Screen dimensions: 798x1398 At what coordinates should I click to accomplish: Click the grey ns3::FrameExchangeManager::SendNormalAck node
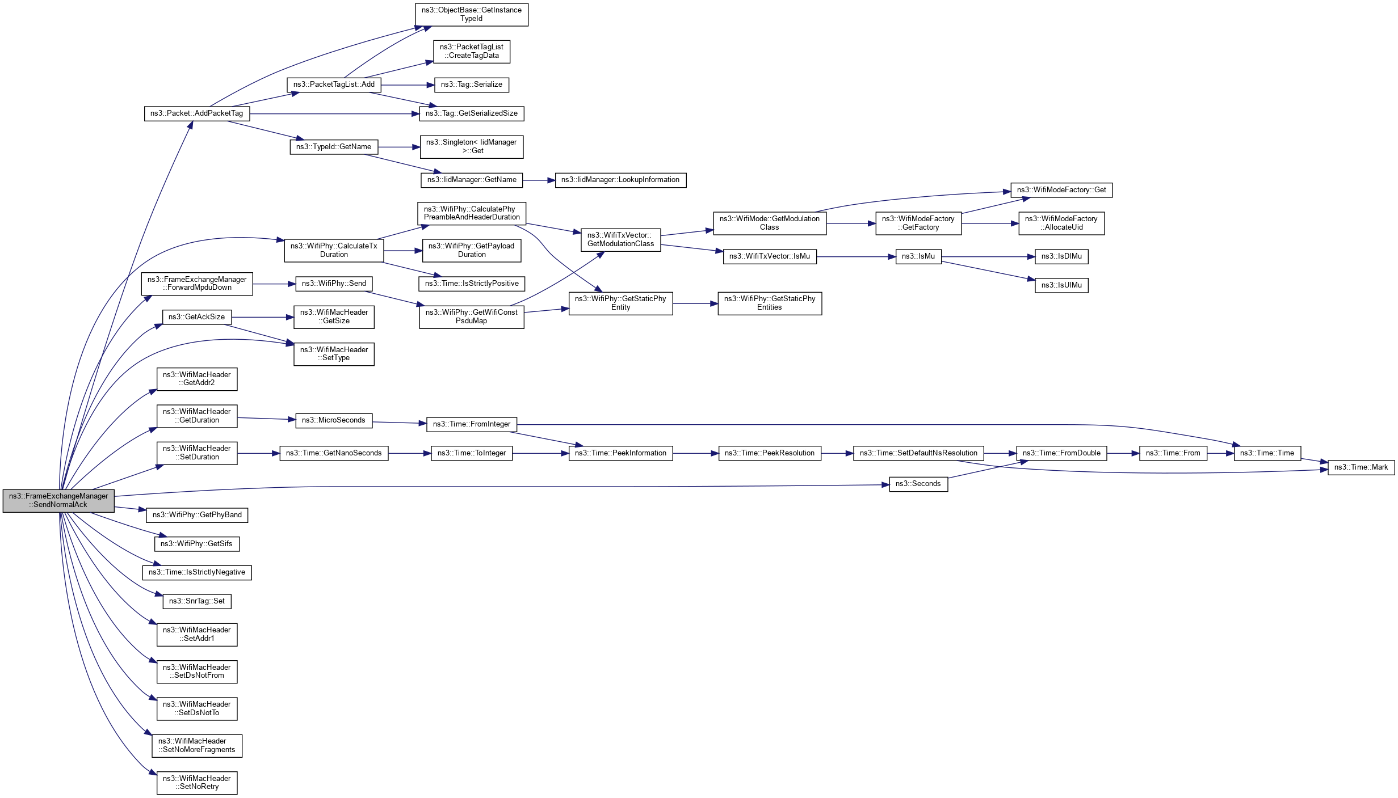59,500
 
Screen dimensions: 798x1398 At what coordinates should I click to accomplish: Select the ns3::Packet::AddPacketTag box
196,113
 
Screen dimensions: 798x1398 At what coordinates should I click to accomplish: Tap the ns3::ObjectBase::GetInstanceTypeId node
471,14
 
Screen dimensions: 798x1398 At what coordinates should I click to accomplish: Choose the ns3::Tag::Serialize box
471,85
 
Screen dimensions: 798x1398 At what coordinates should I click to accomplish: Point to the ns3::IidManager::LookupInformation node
620,180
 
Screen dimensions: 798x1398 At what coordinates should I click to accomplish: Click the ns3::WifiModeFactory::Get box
1061,190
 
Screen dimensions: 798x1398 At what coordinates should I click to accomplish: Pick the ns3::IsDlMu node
1061,256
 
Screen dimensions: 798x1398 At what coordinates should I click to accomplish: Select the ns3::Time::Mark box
1361,467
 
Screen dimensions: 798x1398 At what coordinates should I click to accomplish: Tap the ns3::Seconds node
918,484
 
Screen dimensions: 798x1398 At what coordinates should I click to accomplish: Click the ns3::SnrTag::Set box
196,601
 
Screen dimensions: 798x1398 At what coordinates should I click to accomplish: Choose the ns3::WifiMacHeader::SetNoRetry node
196,783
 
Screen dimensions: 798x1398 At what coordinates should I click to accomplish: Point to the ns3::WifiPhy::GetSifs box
196,544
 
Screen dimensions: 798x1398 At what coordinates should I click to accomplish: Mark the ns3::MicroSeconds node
333,420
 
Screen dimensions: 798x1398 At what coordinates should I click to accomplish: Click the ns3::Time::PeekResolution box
769,453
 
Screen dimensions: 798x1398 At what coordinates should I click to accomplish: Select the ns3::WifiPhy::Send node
334,284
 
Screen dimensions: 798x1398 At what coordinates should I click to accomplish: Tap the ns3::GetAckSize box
196,317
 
